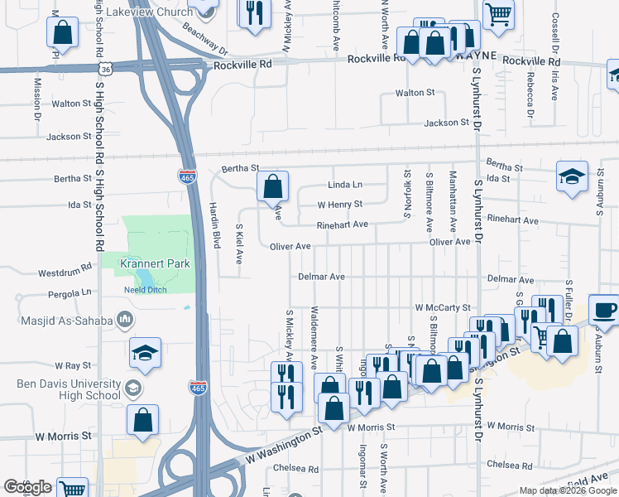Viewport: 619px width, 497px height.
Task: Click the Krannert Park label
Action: click(155, 263)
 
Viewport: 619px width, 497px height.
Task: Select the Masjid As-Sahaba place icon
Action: click(125, 319)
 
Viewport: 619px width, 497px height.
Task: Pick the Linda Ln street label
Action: click(345, 185)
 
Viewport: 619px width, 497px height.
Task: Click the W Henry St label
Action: click(340, 204)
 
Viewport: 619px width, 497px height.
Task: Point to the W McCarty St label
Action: click(443, 307)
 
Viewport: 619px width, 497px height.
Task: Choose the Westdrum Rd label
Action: click(64, 272)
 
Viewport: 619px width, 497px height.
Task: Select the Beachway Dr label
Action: click(204, 43)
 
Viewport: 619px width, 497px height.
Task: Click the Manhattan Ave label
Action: click(453, 201)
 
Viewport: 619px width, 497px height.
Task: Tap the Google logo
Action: click(27, 487)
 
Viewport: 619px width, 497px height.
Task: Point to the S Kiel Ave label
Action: click(239, 243)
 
